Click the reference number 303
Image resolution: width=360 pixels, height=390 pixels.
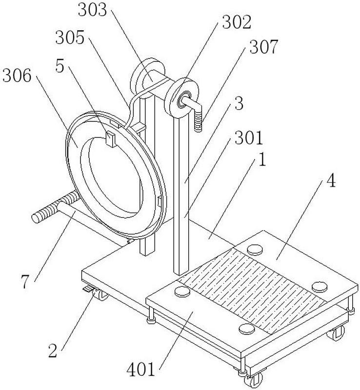(x=92, y=10)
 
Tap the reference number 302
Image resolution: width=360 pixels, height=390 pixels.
(x=237, y=22)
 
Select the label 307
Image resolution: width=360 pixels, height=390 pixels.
(x=263, y=47)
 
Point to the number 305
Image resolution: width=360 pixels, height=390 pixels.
(x=70, y=38)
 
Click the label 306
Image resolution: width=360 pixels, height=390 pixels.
(x=17, y=76)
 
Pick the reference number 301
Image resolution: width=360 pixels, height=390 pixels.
(x=249, y=138)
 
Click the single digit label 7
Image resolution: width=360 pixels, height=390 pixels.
(x=24, y=282)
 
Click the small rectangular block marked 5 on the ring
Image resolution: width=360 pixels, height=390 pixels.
(x=111, y=139)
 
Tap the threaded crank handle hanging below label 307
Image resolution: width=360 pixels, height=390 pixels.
(x=198, y=121)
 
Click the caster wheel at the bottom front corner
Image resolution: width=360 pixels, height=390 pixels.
(x=254, y=381)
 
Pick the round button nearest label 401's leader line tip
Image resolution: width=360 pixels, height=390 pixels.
(x=183, y=291)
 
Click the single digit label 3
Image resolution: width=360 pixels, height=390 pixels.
(x=239, y=103)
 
